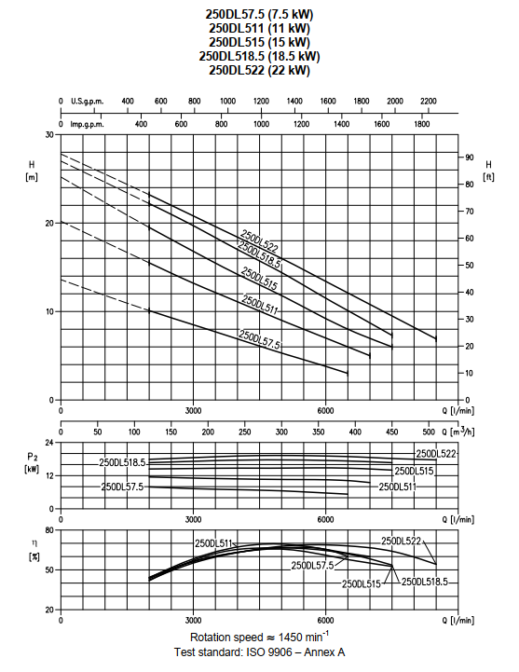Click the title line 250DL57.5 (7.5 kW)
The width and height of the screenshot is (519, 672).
(259, 14)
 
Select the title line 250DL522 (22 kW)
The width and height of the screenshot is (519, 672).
(259, 70)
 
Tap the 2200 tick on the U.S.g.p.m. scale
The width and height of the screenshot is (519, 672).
(428, 101)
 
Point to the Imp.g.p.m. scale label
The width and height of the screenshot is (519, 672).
(88, 124)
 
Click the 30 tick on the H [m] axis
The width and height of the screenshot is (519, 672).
(49, 134)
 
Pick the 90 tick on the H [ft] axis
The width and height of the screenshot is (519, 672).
(470, 158)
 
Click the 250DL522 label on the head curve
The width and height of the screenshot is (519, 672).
(259, 240)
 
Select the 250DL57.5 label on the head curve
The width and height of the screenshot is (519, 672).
(259, 340)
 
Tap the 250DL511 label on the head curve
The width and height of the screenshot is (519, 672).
(260, 305)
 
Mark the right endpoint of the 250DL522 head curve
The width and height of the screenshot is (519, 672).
(436, 339)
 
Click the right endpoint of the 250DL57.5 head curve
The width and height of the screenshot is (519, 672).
(348, 374)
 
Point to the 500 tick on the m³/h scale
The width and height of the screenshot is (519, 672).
(429, 432)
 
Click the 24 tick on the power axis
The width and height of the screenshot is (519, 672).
(49, 443)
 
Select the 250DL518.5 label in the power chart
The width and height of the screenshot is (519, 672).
(123, 463)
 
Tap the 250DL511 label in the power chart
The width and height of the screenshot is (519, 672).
(397, 487)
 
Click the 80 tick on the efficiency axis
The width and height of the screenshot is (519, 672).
(49, 530)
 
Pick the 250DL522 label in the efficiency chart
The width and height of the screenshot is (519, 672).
(402, 541)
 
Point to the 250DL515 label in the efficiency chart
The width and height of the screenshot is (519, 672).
(362, 583)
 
